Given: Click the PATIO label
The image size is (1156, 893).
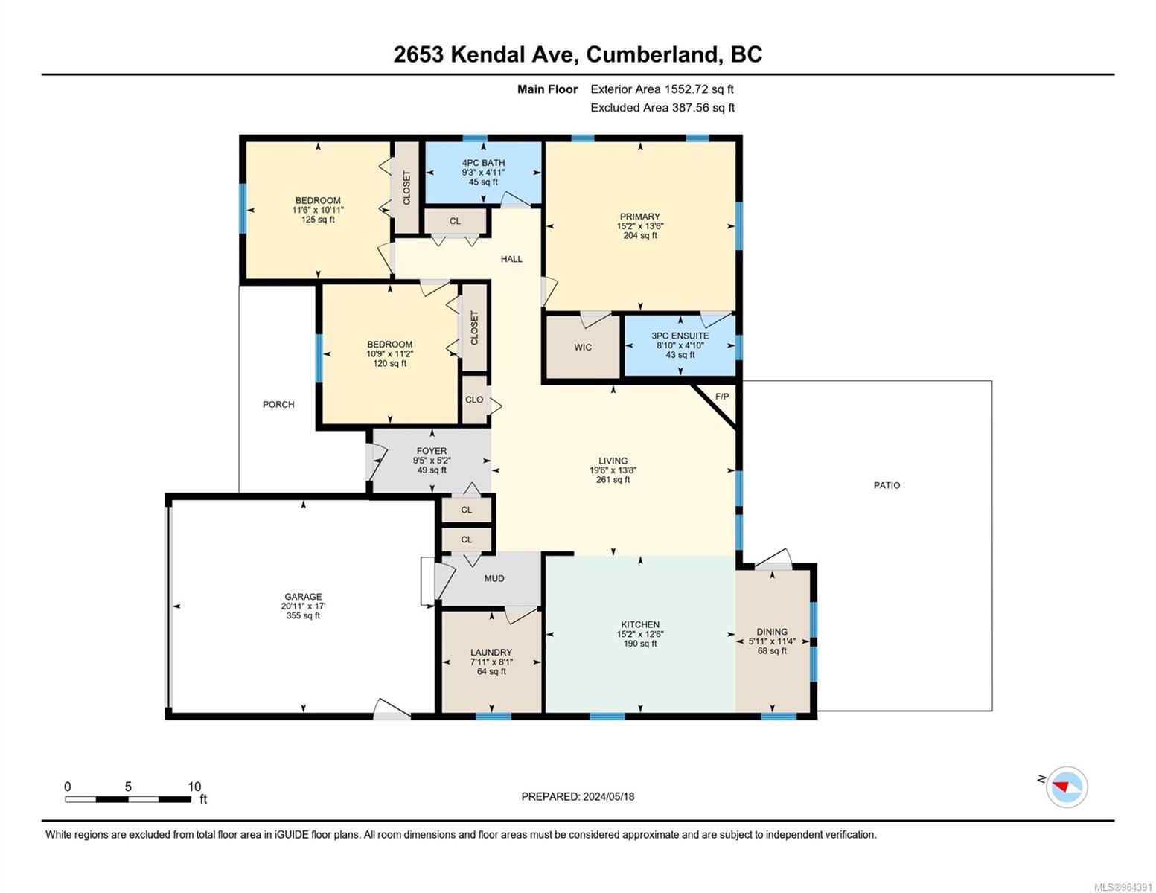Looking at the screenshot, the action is coord(887,485).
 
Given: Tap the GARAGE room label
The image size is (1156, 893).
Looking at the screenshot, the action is coord(303,597).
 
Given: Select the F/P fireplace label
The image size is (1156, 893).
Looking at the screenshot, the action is coord(721,397).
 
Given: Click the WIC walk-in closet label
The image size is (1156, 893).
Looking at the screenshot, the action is coord(583,348).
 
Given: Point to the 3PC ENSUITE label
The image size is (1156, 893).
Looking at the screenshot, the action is coord(680,336).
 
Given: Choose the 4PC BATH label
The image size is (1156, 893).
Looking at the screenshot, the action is coord(483,163).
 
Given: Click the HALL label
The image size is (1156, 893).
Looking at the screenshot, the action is coord(511,259).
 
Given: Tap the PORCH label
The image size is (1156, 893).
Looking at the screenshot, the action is coord(278,404).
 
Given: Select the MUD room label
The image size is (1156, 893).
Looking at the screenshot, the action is coord(494,579).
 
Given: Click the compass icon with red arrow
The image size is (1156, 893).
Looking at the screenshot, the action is coord(1066,787).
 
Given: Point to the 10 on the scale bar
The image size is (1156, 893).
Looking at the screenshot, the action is coord(194,787).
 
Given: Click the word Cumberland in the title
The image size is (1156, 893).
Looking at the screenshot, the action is coord(651,54).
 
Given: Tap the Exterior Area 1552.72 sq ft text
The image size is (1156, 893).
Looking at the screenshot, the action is coord(662,89).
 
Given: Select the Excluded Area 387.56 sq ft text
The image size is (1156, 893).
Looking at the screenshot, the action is coord(662,107).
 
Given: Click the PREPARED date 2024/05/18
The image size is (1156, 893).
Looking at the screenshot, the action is coord(608,797).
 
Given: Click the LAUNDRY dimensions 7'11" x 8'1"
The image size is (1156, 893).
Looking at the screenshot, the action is coord(491,662).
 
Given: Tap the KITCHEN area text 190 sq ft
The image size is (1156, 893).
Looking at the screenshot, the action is coord(640,644).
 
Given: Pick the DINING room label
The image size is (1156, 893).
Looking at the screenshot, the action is coord(772,632).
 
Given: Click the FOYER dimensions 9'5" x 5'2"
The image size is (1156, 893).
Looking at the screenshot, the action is coord(432,461).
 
